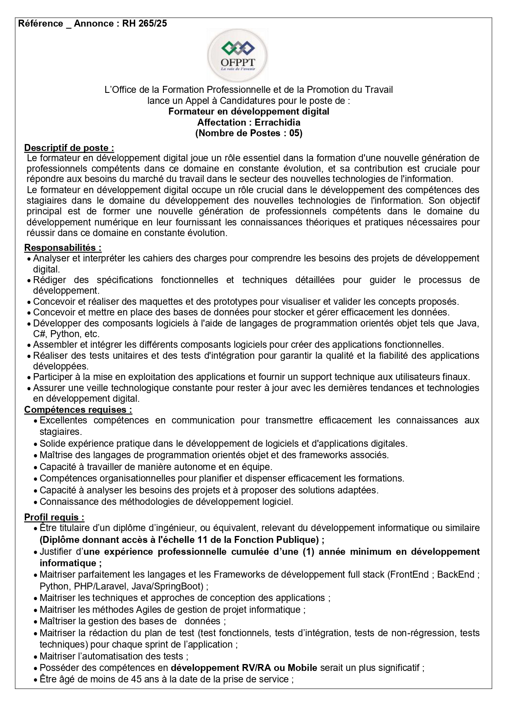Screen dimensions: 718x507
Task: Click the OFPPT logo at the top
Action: click(x=237, y=55)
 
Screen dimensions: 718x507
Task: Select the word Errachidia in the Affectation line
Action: click(x=277, y=122)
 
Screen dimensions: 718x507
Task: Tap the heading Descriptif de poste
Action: click(x=69, y=148)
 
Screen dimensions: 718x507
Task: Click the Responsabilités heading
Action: click(x=63, y=248)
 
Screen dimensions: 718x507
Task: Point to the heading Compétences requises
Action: click(x=78, y=410)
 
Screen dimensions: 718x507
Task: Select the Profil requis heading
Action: click(x=54, y=517)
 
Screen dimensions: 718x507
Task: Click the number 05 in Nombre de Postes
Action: click(x=294, y=133)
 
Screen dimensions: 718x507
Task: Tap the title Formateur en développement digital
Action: click(x=249, y=111)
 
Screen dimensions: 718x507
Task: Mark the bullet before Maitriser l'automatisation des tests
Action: click(x=36, y=657)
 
